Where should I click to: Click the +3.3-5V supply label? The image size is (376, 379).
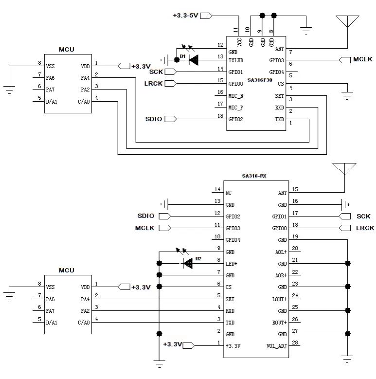[185, 16]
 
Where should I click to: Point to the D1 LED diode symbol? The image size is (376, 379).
[194, 60]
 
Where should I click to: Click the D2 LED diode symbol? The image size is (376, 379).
[187, 263]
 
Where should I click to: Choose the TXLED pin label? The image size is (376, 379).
[236, 60]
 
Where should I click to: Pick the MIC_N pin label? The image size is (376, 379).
[236, 96]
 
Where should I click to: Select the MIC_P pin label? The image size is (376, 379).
[236, 108]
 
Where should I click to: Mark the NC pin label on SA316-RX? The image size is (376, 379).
[229, 193]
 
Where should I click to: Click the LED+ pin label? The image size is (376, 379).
[232, 264]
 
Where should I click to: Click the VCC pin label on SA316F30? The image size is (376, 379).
[240, 42]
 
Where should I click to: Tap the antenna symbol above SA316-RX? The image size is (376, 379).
[344, 168]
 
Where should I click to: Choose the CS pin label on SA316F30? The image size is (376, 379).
[281, 84]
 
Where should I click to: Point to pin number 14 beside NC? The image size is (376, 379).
[217, 189]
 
